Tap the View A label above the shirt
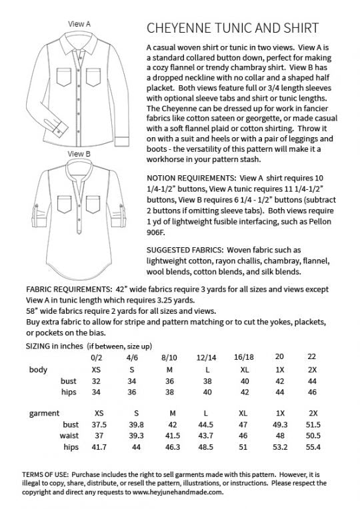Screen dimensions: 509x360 click(80, 23)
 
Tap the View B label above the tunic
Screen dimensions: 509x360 click(79, 153)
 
